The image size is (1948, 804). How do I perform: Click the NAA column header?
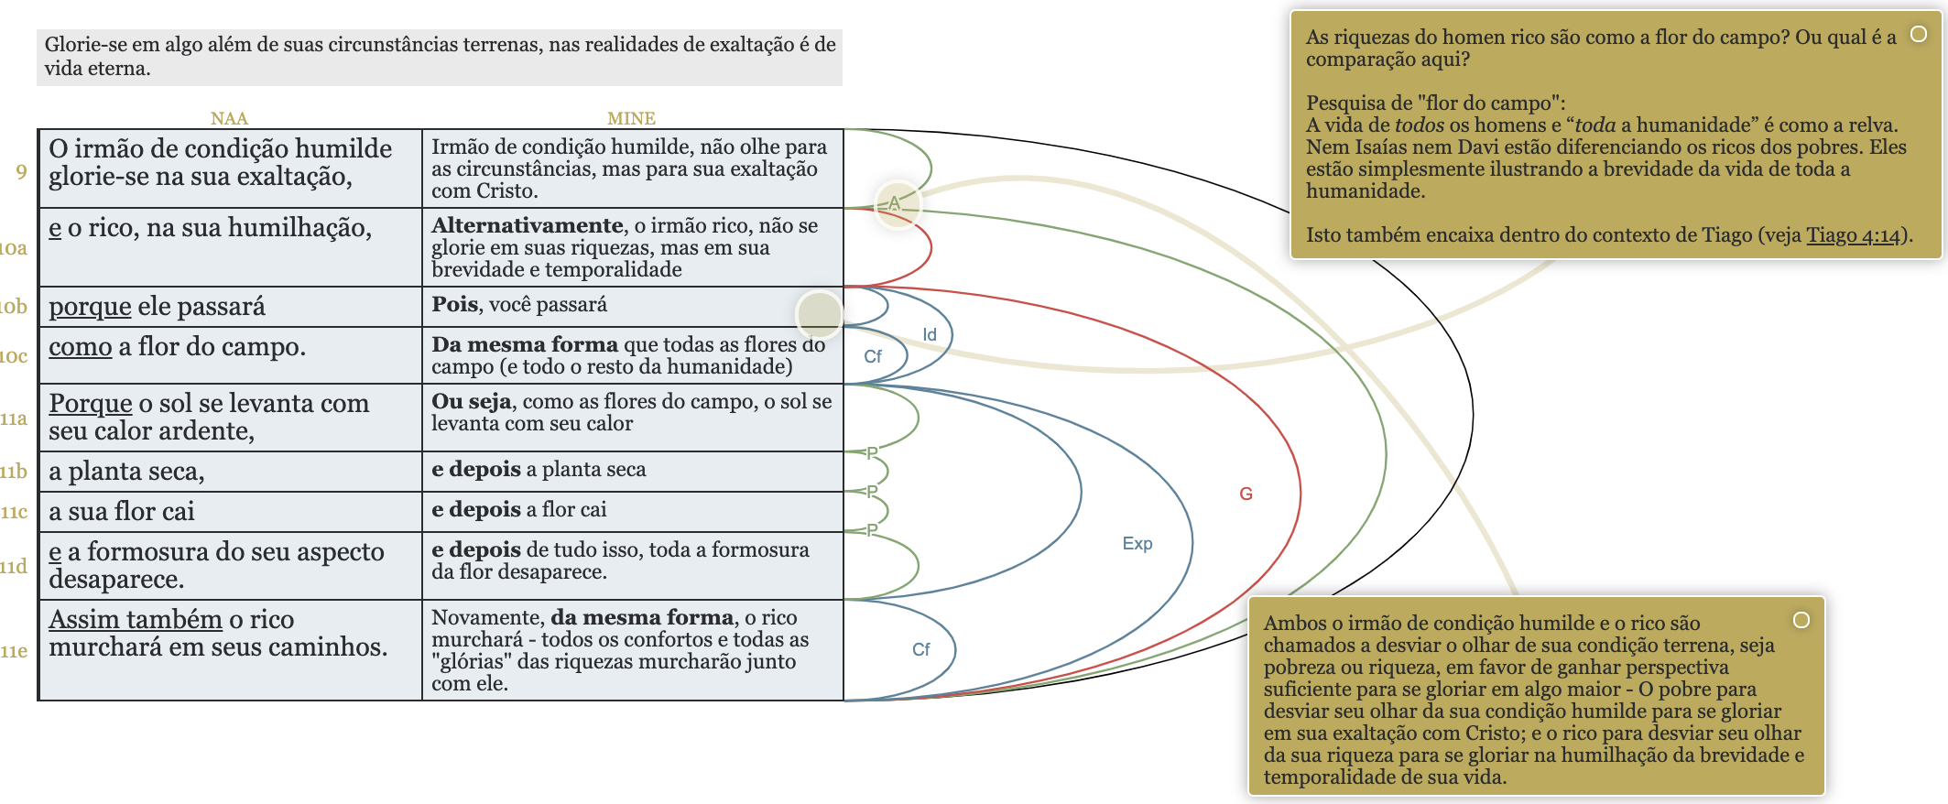click(229, 118)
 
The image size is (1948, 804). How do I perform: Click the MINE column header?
click(631, 118)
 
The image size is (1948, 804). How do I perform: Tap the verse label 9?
click(21, 171)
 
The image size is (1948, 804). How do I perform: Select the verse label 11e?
click(14, 651)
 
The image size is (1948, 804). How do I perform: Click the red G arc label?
click(1246, 494)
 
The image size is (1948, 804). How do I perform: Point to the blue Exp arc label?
click(1137, 543)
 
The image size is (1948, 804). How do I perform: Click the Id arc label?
click(930, 335)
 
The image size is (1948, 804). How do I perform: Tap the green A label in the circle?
click(895, 203)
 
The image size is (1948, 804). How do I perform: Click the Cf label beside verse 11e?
click(920, 649)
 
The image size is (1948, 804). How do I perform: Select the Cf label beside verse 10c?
click(873, 356)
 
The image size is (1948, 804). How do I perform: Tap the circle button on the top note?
click(1918, 34)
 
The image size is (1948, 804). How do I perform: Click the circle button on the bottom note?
click(1801, 620)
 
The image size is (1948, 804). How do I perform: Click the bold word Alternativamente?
click(528, 225)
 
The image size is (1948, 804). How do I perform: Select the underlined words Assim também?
click(136, 619)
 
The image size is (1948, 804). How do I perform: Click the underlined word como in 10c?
click(81, 346)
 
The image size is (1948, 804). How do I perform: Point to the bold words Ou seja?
click(471, 401)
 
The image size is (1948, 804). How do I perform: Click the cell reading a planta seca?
click(126, 471)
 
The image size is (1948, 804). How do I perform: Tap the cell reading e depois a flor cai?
click(518, 509)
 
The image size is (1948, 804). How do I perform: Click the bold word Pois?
click(455, 304)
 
